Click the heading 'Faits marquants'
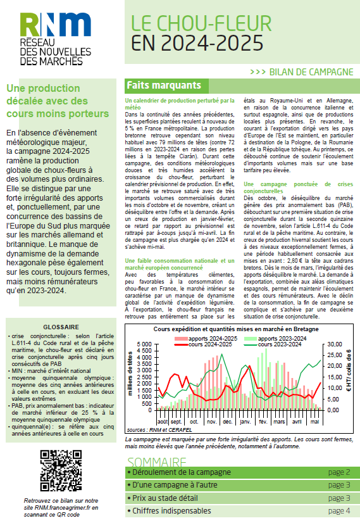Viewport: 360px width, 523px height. point(164,85)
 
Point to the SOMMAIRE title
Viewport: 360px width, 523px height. point(158,462)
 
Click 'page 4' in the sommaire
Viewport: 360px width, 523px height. point(339,511)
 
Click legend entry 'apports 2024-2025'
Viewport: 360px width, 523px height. point(205,339)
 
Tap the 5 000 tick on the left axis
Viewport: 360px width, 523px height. point(144,344)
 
